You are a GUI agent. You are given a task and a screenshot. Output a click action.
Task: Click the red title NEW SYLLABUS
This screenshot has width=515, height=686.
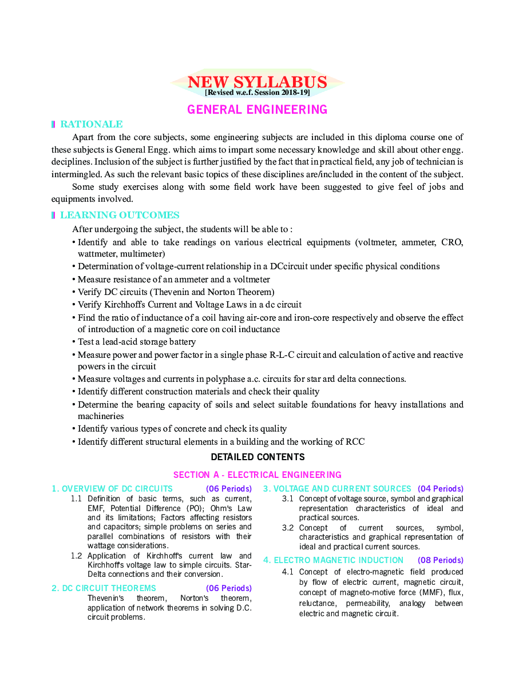[257, 82]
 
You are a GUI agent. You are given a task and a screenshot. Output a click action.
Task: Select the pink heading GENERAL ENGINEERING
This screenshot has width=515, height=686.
[257, 109]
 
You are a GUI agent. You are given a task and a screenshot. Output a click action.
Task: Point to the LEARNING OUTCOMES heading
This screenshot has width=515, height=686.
[120, 215]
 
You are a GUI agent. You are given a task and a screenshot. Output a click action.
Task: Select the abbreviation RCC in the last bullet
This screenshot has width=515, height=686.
[354, 441]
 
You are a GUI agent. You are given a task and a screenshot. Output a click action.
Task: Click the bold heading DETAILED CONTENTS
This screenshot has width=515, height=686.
[257, 457]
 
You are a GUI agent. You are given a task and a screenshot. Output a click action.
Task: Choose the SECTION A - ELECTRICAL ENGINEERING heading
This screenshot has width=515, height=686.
[257, 474]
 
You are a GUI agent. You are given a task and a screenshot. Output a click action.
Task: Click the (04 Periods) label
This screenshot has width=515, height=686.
[440, 489]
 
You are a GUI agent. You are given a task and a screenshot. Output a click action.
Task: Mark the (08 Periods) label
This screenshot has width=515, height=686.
[440, 560]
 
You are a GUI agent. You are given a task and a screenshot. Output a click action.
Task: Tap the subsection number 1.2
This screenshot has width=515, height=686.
[76, 556]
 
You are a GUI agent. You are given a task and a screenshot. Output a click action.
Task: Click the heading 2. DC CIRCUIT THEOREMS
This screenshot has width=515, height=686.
[104, 588]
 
